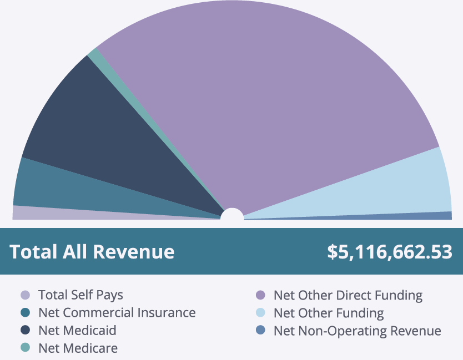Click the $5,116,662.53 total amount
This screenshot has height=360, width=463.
point(389,252)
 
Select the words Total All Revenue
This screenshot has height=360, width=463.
point(92,252)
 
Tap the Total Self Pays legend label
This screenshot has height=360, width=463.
point(80,295)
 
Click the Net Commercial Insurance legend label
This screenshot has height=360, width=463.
point(117,312)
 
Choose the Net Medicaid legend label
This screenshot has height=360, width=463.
point(77,330)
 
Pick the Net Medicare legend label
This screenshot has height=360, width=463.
point(78,348)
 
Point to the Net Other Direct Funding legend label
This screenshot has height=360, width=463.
point(348,295)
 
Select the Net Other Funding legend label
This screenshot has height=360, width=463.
point(328,312)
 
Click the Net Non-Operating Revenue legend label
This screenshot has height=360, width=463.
point(357,330)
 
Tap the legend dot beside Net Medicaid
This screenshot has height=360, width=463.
point(25,330)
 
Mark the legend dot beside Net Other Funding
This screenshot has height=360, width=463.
point(260,312)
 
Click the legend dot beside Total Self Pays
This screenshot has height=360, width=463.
point(25,295)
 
